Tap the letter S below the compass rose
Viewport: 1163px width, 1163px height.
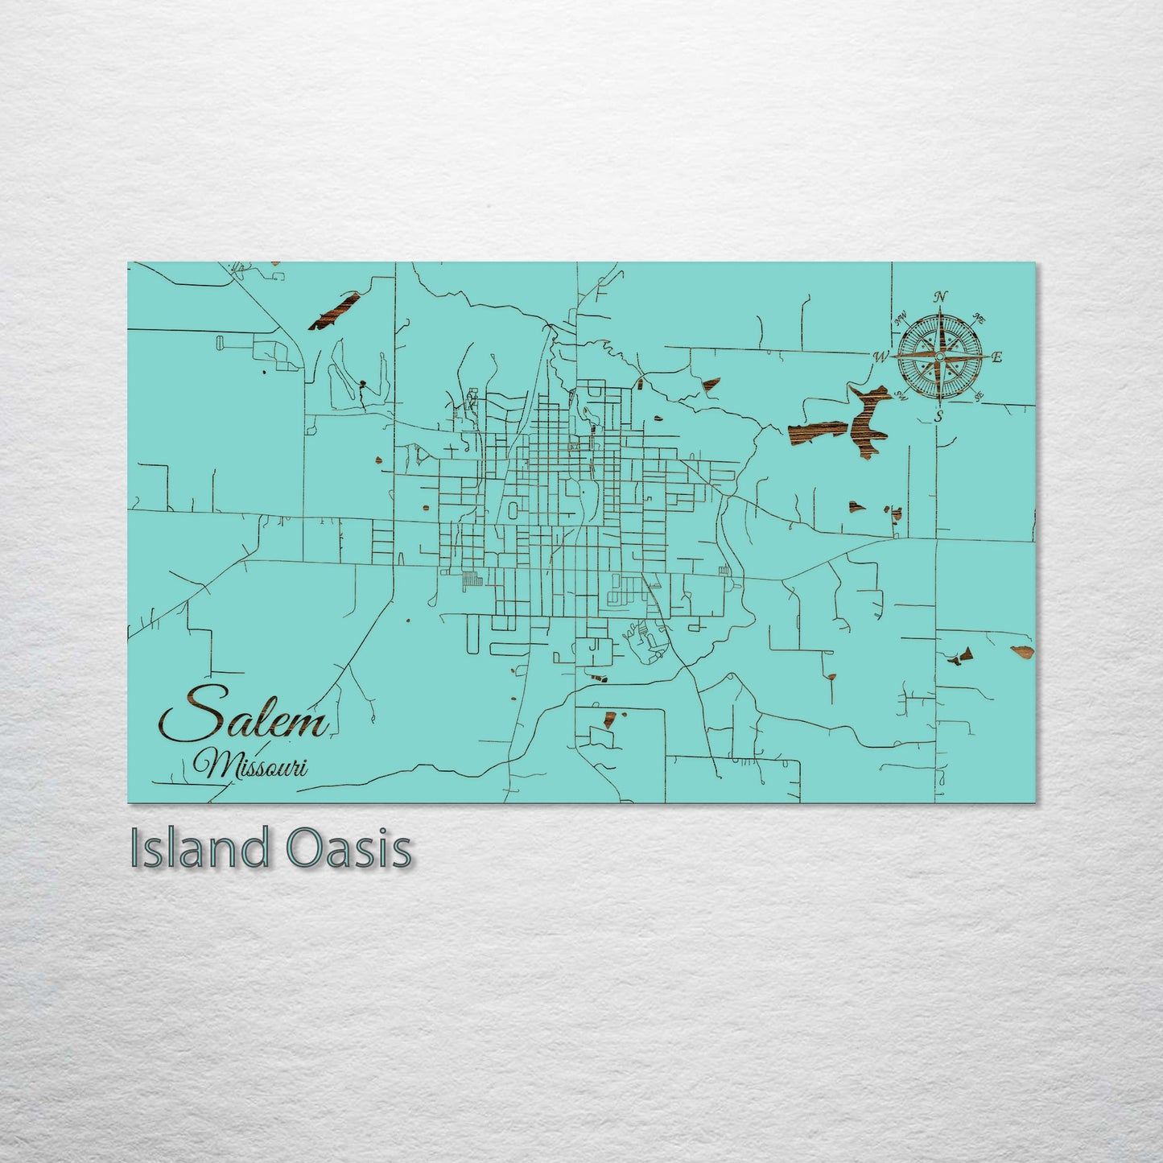(938, 415)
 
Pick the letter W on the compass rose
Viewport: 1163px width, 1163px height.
(882, 357)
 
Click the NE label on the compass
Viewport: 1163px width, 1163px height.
(979, 319)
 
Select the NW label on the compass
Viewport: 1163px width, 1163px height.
(901, 316)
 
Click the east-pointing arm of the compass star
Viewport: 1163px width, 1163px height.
(970, 356)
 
